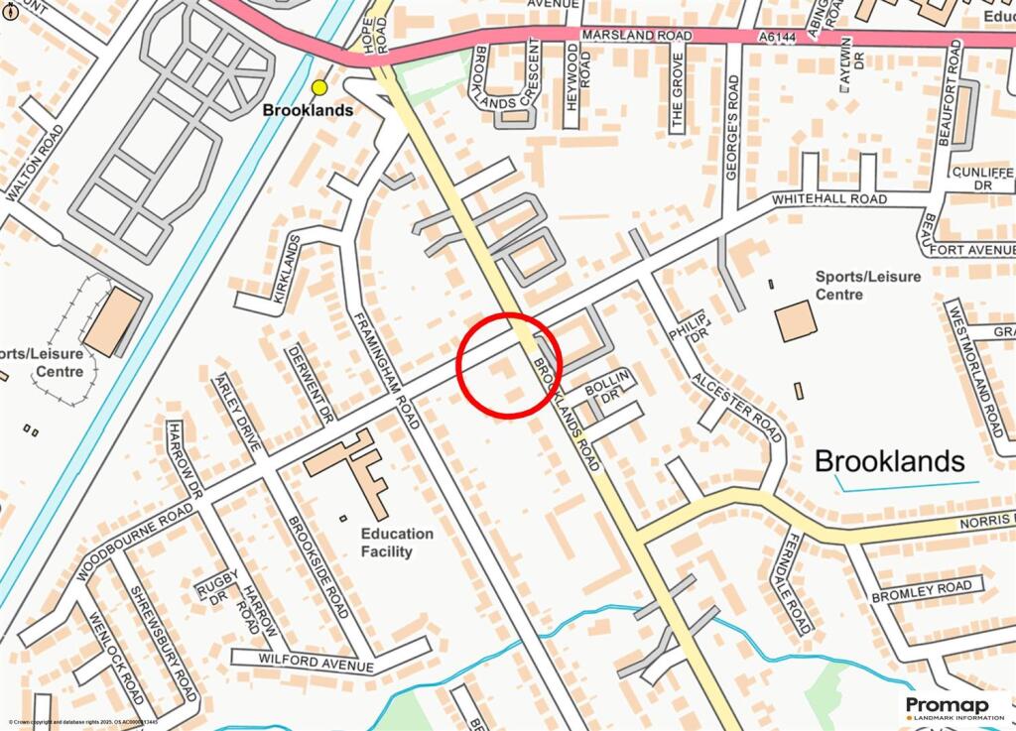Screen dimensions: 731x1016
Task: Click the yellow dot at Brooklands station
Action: tap(319, 87)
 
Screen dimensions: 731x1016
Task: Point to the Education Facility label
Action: tap(396, 543)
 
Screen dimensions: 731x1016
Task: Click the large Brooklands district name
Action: tap(889, 461)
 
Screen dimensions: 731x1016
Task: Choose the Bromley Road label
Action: tap(921, 592)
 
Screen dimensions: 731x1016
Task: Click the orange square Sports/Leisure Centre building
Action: tap(795, 321)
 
